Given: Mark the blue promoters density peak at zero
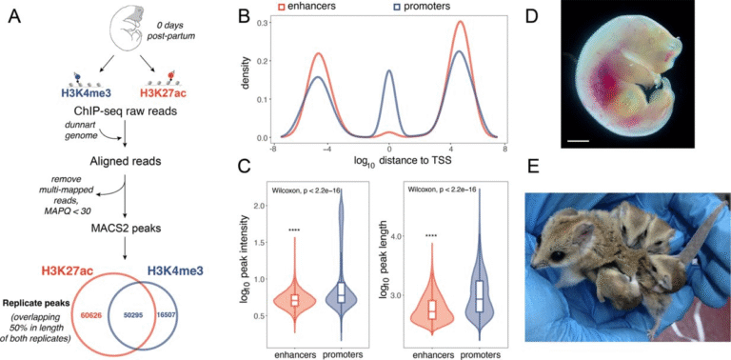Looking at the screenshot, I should [x=389, y=71].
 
